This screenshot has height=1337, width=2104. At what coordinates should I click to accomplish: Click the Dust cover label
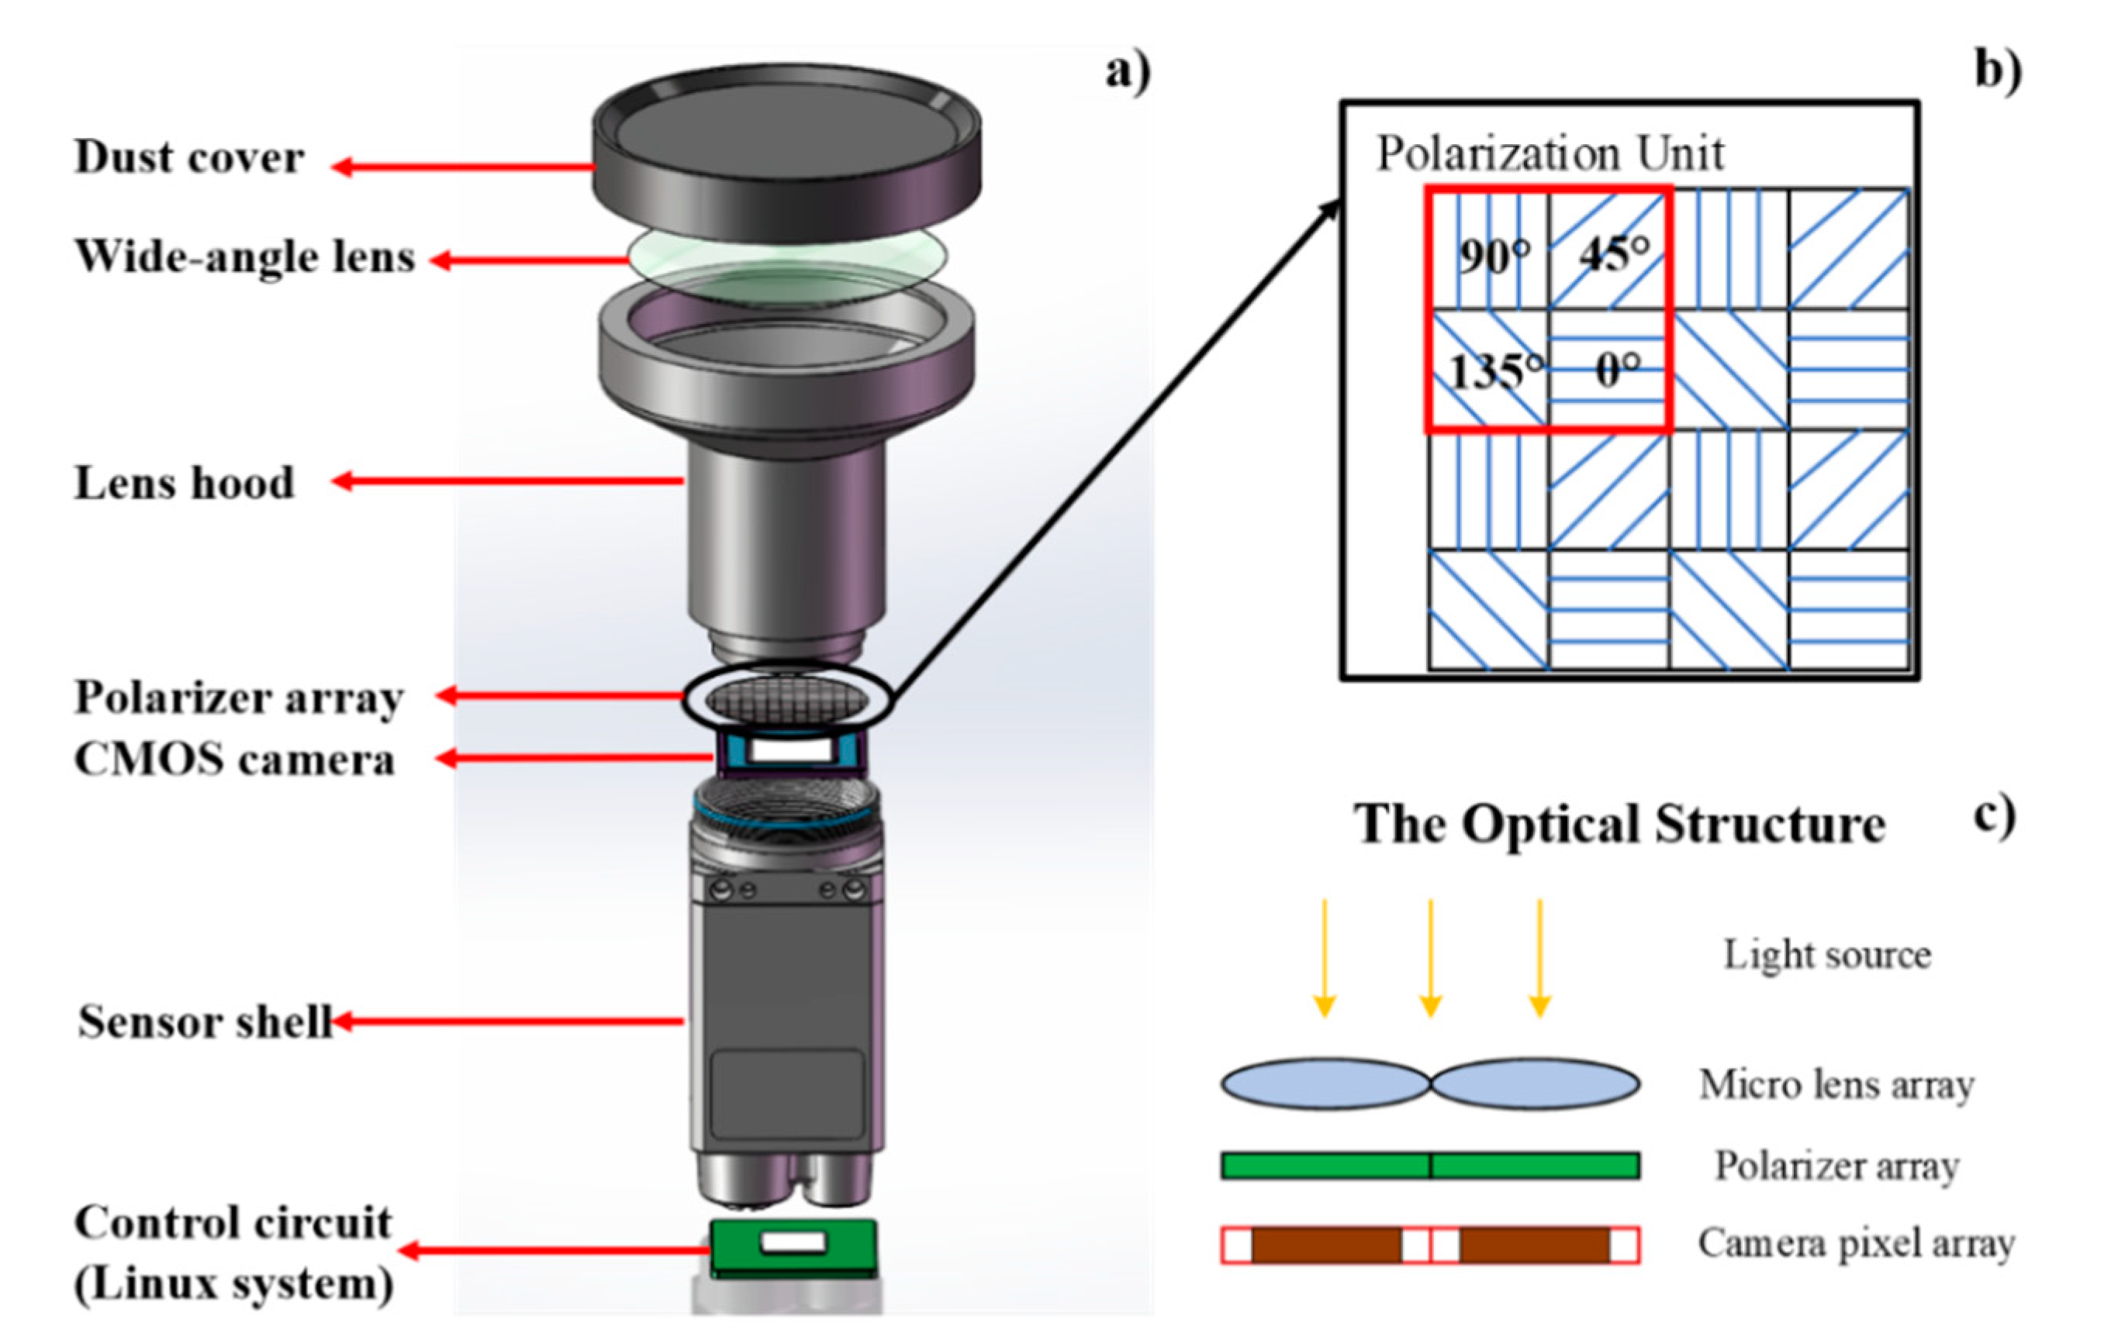tap(188, 158)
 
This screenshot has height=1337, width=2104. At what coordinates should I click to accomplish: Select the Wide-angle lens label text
tap(244, 257)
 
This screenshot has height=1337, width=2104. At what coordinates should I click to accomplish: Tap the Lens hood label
tap(185, 483)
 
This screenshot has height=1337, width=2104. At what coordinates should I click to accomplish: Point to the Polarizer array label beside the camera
tap(239, 698)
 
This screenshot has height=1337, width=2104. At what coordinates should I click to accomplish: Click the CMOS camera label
tap(234, 759)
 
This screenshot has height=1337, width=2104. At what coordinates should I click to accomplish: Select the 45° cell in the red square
tap(1608, 250)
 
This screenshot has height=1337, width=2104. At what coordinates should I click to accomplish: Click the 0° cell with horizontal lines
tap(1608, 370)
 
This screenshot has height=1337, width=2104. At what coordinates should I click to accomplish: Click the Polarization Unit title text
tap(1549, 154)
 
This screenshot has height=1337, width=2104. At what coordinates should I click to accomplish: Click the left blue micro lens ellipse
tap(1325, 1084)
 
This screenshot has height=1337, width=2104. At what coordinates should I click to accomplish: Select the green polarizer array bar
tap(1429, 1166)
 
